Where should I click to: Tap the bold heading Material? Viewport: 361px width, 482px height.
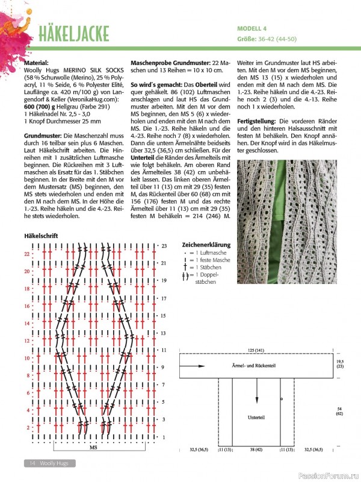[37, 63]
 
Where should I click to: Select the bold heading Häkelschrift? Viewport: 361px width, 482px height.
[41, 236]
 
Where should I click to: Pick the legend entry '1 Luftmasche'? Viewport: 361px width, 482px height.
[211, 253]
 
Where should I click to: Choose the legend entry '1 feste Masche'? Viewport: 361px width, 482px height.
[213, 260]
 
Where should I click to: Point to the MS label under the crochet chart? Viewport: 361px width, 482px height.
[93, 448]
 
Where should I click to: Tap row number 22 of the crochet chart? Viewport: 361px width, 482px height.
[26, 254]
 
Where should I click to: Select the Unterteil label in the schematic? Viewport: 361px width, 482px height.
[256, 417]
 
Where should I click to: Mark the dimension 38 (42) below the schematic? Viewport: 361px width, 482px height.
[256, 449]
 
